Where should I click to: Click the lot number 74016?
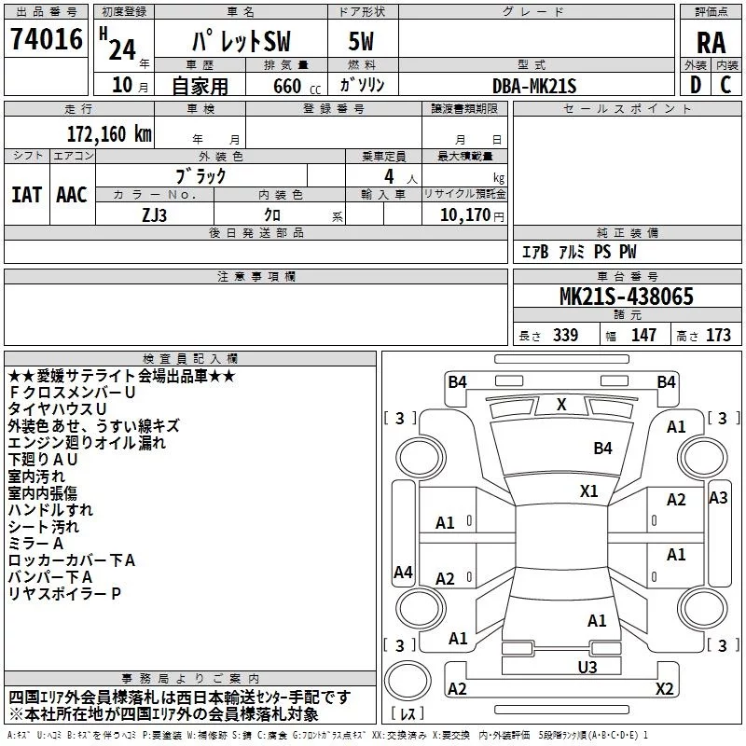(47, 39)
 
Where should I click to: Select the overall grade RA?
(711, 43)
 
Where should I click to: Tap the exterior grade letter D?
(696, 85)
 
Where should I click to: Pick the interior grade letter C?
(725, 85)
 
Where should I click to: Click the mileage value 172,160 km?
(109, 134)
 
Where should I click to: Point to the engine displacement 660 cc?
(297, 87)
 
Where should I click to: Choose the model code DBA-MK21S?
(534, 86)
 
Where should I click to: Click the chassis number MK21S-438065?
(626, 297)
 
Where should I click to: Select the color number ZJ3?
(154, 215)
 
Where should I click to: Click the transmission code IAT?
(27, 195)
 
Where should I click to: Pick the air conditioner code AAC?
(72, 195)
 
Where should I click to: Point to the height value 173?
(718, 335)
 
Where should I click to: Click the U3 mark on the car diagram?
(587, 667)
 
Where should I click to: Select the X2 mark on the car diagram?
(664, 688)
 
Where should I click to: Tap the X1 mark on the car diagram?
(588, 491)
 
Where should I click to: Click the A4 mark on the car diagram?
(403, 572)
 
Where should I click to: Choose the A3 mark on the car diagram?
(718, 498)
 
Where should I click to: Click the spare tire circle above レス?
(408, 680)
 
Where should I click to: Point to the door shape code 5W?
(361, 41)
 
